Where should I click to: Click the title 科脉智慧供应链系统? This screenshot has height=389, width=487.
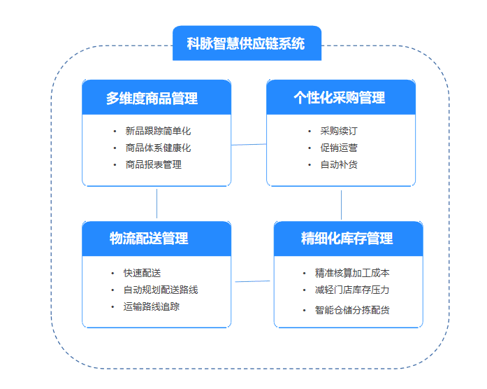tap(246, 43)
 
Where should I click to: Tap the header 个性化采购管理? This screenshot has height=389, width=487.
tap(340, 97)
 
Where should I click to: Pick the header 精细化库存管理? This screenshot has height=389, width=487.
tap(348, 238)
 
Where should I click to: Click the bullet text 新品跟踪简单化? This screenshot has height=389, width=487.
tap(158, 131)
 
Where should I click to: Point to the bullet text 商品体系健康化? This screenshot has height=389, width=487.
tap(158, 148)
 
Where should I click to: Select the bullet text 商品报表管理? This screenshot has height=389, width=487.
tap(153, 164)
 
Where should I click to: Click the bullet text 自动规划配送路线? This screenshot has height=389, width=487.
tap(161, 290)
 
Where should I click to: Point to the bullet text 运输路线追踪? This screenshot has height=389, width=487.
tap(152, 306)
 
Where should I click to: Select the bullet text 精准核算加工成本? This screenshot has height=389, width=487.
tap(352, 273)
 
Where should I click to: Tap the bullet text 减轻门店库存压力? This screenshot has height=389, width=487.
tap(352, 290)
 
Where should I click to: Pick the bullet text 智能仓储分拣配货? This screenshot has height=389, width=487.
tap(352, 309)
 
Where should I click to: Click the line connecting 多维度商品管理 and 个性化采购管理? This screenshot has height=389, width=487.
tap(249, 145)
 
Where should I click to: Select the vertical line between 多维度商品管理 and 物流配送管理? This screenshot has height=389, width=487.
tap(157, 204)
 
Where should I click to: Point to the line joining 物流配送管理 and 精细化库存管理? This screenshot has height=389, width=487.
tap(252, 281)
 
